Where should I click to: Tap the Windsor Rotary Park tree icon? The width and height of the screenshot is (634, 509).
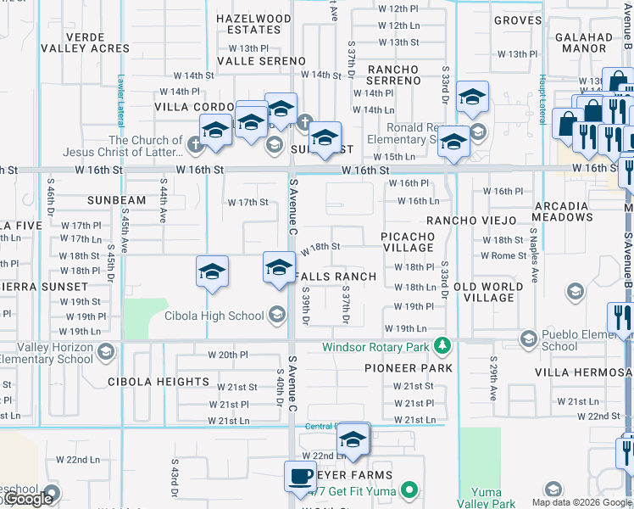pos(441,346)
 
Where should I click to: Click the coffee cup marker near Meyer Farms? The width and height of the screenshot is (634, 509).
pos(299,476)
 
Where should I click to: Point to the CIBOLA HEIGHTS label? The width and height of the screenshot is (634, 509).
pos(158,382)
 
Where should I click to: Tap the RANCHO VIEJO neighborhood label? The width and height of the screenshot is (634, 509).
pos(471,221)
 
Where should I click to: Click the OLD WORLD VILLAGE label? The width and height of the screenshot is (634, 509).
pos(495,293)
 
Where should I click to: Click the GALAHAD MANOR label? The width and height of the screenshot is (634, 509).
pos(583,43)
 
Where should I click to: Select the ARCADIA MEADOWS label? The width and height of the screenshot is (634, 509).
pos(561,211)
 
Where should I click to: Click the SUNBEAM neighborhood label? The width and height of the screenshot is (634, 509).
pos(117,200)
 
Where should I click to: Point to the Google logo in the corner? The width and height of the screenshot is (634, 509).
pos(28,499)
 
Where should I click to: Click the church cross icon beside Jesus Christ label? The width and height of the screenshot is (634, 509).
pos(195,143)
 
